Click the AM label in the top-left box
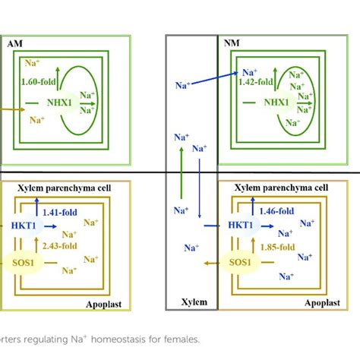pyautogui.click(x=15, y=44)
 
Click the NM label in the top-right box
pyautogui.click(x=232, y=44)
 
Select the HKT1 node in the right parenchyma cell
pyautogui.click(x=244, y=226)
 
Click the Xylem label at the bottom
pyautogui.click(x=191, y=302)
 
